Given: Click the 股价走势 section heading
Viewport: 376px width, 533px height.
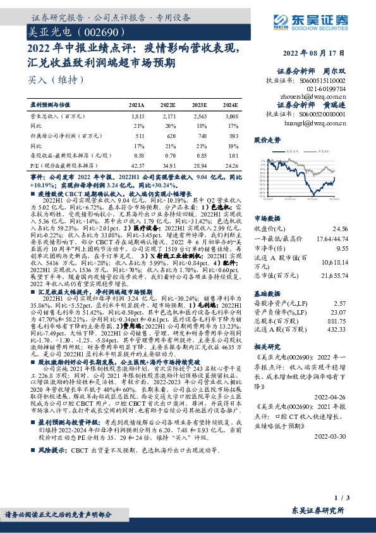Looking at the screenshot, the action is point(267,139).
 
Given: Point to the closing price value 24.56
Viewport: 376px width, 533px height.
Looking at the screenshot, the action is point(339,229).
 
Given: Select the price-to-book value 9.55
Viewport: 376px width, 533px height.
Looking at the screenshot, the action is point(341,249).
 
